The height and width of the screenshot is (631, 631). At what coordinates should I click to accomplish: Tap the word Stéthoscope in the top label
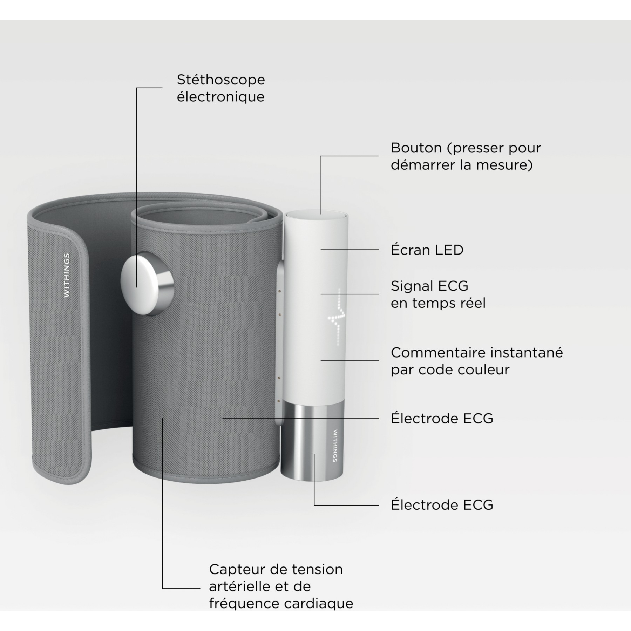pyautogui.click(x=221, y=80)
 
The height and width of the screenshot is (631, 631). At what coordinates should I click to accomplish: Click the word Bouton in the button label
pyautogui.click(x=416, y=148)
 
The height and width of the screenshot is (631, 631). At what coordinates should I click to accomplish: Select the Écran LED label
pyautogui.click(x=427, y=250)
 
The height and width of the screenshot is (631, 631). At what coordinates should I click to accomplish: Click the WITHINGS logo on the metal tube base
pyautogui.click(x=335, y=446)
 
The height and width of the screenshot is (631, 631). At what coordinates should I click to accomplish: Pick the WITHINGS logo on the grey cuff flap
pyautogui.click(x=67, y=276)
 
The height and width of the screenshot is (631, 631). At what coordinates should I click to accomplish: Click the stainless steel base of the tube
pyautogui.click(x=312, y=443)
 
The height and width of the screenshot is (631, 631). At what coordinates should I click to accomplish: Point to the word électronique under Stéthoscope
pyautogui.click(x=220, y=97)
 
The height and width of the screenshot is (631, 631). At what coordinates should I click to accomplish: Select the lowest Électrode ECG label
pyautogui.click(x=442, y=505)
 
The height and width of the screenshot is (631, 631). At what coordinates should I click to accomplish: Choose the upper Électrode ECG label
pyautogui.click(x=442, y=418)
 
